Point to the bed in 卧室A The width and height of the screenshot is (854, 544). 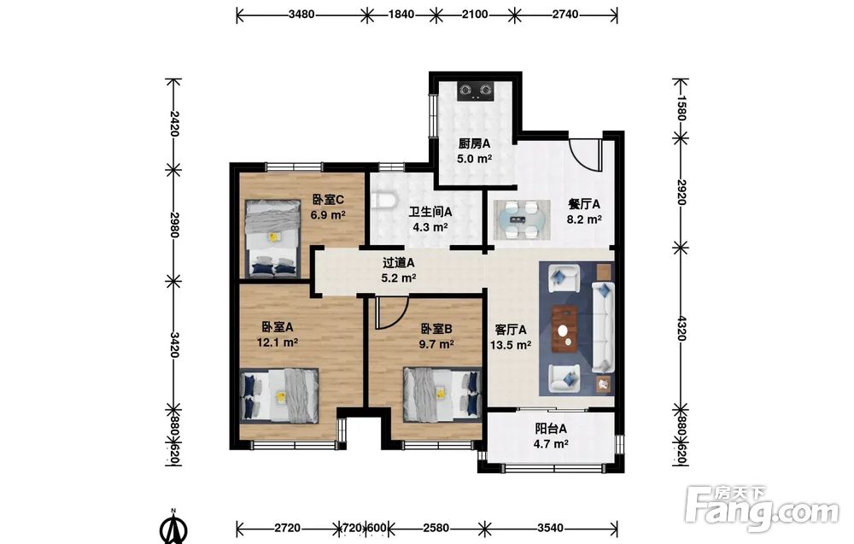coord(279,396)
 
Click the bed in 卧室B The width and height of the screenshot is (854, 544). coord(442,395)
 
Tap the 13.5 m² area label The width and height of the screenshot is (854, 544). coord(511,345)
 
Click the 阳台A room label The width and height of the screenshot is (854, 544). coord(551,429)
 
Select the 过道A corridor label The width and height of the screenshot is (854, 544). coord(398,263)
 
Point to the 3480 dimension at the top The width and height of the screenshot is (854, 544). coord(301,15)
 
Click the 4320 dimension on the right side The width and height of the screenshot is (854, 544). coord(681,327)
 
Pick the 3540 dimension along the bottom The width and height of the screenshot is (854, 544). coord(550,528)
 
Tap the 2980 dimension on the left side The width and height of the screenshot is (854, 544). coord(173,225)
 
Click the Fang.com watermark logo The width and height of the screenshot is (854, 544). coord(762,508)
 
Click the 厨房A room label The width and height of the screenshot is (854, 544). coord(474,143)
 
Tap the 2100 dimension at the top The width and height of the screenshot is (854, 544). coord(475,15)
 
